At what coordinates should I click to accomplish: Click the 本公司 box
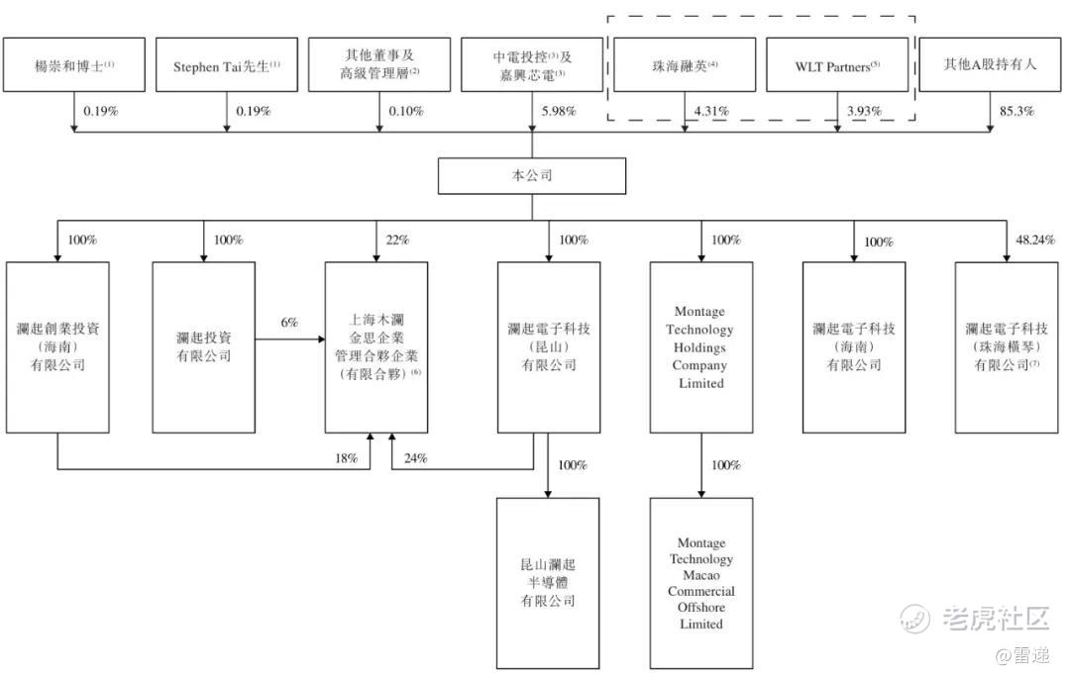coord(532,175)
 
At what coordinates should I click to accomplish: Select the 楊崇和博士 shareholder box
coord(74,65)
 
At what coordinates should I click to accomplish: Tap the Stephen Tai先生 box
coord(227,65)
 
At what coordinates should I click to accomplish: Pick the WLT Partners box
coord(837,65)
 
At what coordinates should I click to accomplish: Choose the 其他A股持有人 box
coord(991,65)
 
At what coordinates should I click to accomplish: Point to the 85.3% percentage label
coord(1016,112)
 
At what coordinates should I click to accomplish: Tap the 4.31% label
coord(711,112)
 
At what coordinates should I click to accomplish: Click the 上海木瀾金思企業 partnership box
coord(377,346)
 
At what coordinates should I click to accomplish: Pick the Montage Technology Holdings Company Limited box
coord(701,346)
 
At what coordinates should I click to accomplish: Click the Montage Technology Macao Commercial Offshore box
coord(701,583)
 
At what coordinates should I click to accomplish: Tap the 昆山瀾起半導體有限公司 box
coord(548,583)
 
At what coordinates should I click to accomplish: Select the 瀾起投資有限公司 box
coord(203,346)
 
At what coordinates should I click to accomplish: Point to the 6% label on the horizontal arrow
coord(289,324)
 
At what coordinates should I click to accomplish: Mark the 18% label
coord(344,458)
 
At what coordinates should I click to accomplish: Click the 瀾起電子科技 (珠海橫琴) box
coord(1007,346)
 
